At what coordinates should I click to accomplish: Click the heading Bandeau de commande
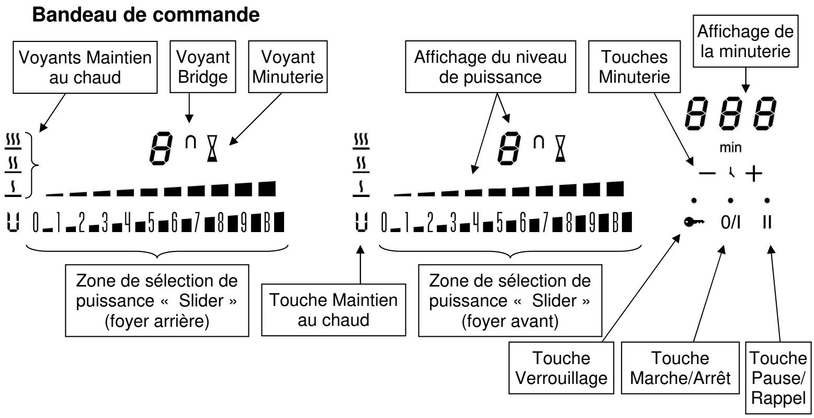[146, 15]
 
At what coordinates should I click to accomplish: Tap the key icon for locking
[694, 222]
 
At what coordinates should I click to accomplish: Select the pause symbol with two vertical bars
[767, 222]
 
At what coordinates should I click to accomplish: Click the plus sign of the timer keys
[754, 173]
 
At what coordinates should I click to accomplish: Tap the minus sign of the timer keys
[707, 173]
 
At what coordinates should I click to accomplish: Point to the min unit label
[730, 148]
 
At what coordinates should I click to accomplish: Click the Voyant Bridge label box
[203, 67]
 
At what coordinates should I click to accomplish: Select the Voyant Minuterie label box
[288, 67]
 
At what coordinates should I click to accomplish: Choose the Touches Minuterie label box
[634, 67]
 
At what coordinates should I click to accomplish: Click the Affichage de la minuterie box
[745, 41]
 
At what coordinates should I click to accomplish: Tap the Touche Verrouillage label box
[561, 368]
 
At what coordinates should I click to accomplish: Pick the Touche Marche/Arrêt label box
[680, 368]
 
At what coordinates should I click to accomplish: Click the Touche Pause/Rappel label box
[778, 378]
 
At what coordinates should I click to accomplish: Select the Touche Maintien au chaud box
[333, 310]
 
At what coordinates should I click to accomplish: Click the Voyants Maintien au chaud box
[85, 67]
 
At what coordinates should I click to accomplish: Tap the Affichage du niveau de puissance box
[490, 67]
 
